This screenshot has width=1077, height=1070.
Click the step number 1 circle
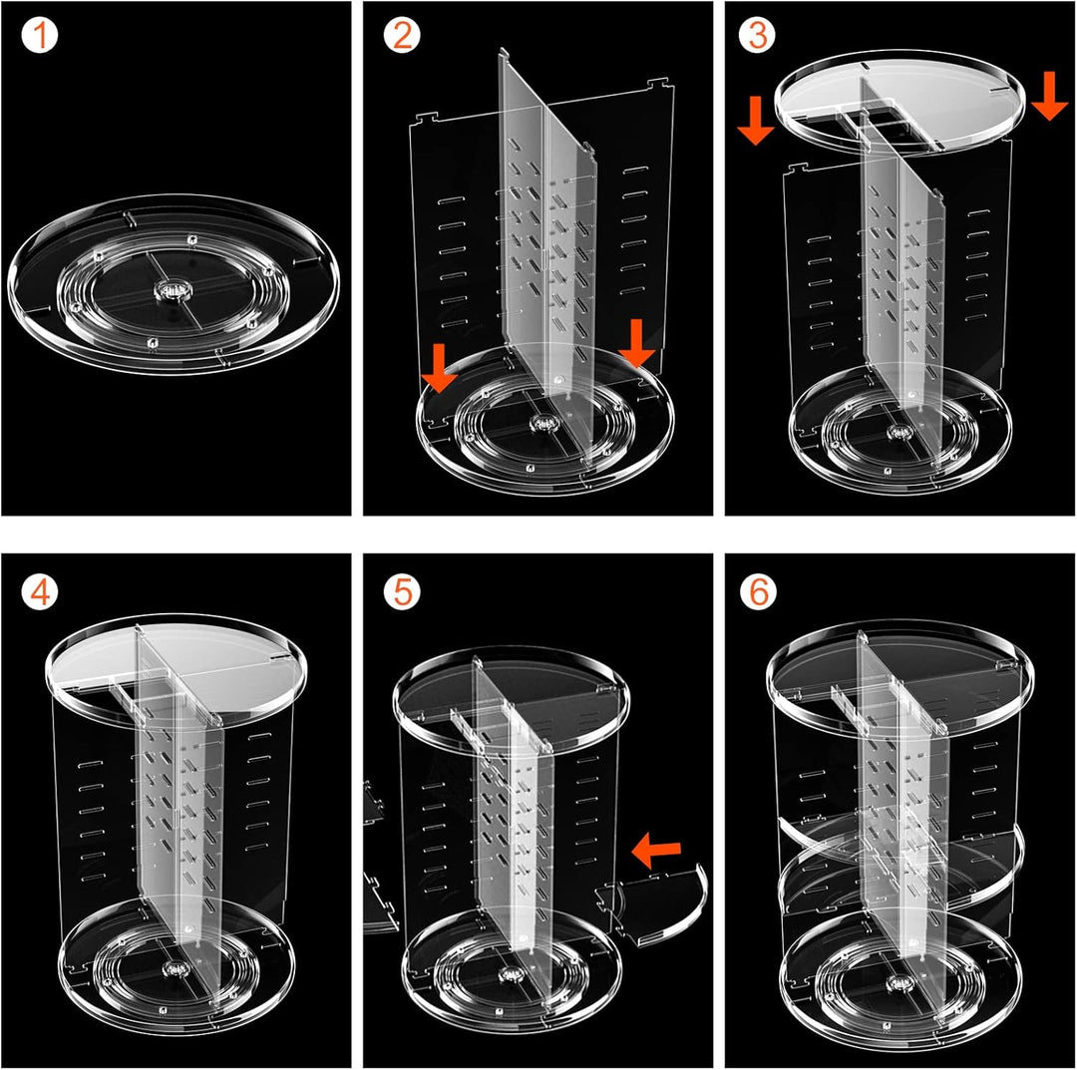tap(40, 36)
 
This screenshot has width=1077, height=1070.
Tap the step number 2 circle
tap(403, 36)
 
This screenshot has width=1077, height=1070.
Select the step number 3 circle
tap(758, 36)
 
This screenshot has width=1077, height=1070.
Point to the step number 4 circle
tap(40, 591)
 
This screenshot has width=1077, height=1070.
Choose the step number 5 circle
tap(403, 591)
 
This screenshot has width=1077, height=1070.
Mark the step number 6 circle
tap(758, 591)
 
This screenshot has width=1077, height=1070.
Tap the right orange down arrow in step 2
tap(636, 343)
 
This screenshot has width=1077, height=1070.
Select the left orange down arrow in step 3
tap(756, 121)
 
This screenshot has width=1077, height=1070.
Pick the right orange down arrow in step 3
tap(1049, 95)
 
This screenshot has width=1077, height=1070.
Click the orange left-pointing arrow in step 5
tap(656, 851)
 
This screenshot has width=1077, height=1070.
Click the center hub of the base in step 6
tap(898, 983)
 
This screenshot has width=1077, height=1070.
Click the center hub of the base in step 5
tap(511, 974)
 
